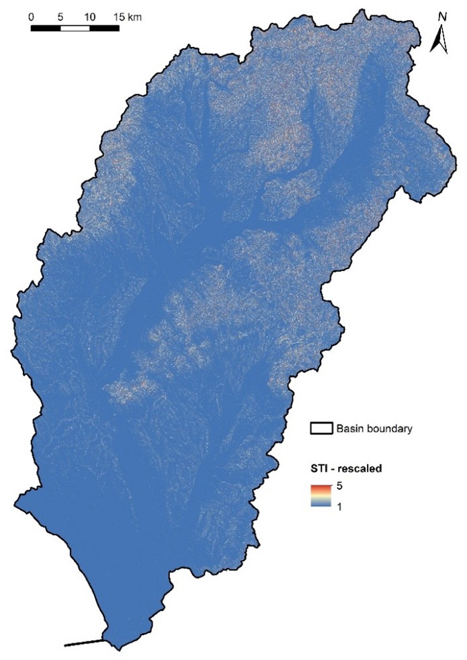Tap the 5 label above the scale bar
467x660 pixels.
tap(61, 16)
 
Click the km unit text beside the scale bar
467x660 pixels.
tap(136, 16)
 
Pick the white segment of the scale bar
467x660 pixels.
tap(75, 28)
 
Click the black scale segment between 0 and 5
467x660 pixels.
tap(46, 28)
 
